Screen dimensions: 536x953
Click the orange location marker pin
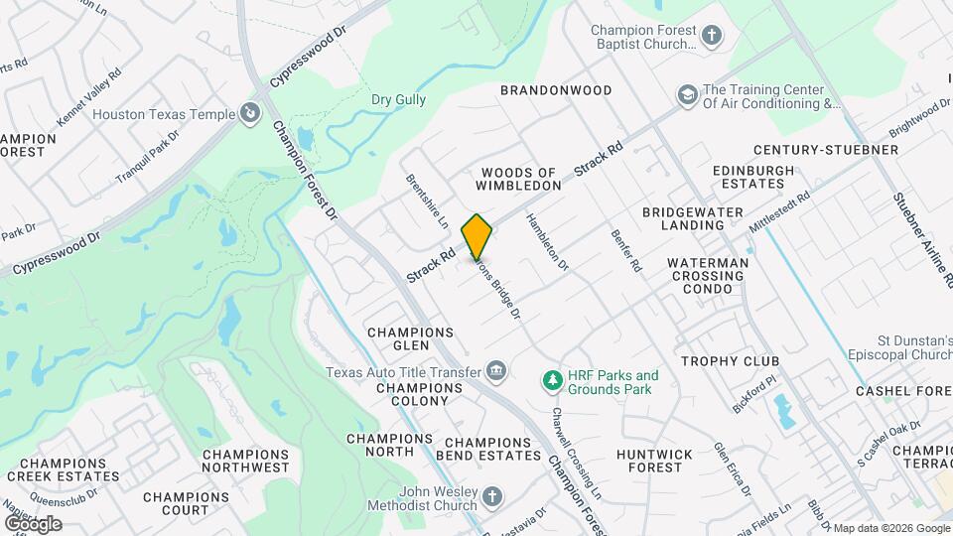(x=477, y=237)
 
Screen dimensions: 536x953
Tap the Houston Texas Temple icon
(x=249, y=114)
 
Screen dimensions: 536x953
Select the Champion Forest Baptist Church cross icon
(x=711, y=38)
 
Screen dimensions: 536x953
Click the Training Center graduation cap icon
(x=686, y=95)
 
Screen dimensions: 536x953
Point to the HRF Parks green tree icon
(x=551, y=381)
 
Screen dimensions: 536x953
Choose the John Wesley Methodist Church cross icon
(x=491, y=496)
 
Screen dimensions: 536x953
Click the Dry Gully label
(x=398, y=100)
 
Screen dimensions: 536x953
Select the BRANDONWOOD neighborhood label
(x=556, y=90)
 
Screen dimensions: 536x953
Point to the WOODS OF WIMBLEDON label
(x=518, y=180)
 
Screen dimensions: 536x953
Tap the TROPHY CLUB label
(x=730, y=360)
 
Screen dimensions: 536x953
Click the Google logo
(x=32, y=523)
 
